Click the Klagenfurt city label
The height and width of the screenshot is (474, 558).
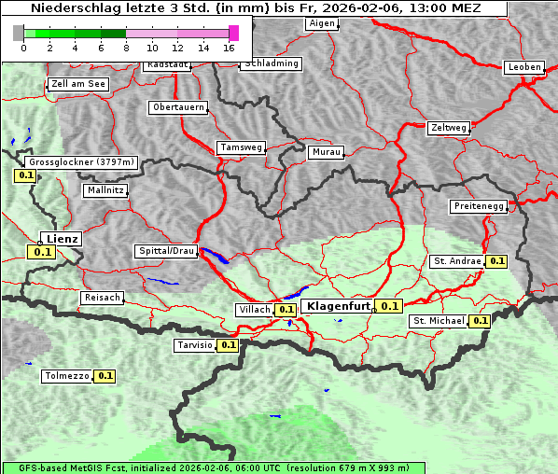point(339,305)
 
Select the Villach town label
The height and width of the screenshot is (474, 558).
point(255,310)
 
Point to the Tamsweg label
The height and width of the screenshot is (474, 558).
point(241,147)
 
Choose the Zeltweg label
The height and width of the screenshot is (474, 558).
point(448,127)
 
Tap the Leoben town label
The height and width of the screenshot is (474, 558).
point(523,67)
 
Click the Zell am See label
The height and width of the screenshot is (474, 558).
point(78,84)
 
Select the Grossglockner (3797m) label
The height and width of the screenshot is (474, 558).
point(82,161)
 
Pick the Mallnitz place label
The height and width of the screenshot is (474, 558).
point(105,189)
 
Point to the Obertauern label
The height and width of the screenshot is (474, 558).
point(178,107)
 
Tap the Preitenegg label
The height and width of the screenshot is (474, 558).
point(479,205)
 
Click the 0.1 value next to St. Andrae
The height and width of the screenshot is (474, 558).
point(496,261)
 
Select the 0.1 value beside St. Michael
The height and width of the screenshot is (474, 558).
point(480,321)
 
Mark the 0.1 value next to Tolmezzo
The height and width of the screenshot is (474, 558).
point(105,376)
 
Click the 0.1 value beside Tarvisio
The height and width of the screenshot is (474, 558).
point(229,345)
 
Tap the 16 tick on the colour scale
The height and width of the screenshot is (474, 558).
point(229,48)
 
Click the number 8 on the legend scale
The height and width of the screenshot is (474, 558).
point(126,48)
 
